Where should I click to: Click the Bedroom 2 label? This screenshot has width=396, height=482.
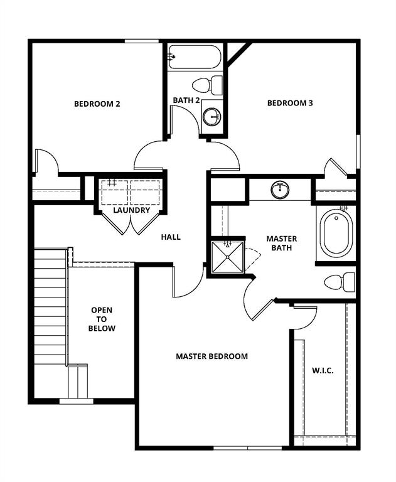[97, 104]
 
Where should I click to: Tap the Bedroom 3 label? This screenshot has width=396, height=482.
[290, 104]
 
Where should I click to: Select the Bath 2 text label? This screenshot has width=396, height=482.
[186, 100]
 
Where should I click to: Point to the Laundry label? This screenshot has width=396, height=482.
[132, 210]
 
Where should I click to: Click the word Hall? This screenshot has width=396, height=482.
[171, 237]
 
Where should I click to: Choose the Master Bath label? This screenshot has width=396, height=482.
[282, 243]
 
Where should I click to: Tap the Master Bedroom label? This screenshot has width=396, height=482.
[211, 356]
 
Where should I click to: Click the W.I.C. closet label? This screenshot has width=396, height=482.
[323, 370]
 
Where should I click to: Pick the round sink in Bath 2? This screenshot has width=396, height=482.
[213, 116]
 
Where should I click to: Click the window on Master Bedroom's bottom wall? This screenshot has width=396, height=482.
[238, 447]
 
